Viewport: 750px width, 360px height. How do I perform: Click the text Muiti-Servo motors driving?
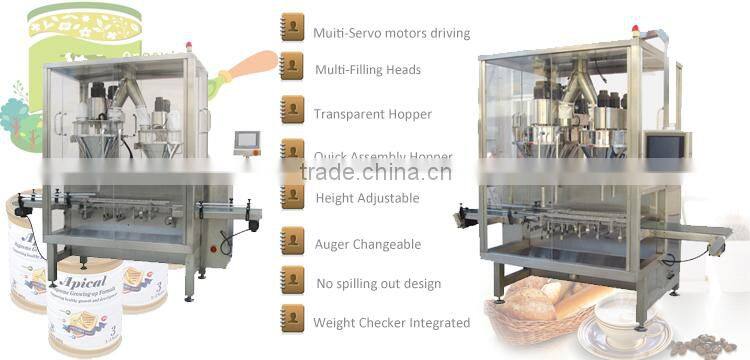[x=391, y=34]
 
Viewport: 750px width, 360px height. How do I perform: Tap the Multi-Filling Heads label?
[x=367, y=70]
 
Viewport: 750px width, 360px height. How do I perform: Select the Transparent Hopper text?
[x=372, y=115]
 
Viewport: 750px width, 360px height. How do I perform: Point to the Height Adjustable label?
[x=366, y=198]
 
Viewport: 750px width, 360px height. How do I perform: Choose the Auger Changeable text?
[x=367, y=244]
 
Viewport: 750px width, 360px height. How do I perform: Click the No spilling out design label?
[x=377, y=284]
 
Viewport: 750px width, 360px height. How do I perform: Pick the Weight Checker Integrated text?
[x=391, y=323]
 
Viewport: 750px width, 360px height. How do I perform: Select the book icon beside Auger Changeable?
[x=292, y=239]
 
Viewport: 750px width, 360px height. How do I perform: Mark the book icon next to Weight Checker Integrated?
[x=292, y=318]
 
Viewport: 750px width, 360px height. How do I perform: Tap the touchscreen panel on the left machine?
[x=246, y=141]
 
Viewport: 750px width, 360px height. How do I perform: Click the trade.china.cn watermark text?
[x=376, y=172]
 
